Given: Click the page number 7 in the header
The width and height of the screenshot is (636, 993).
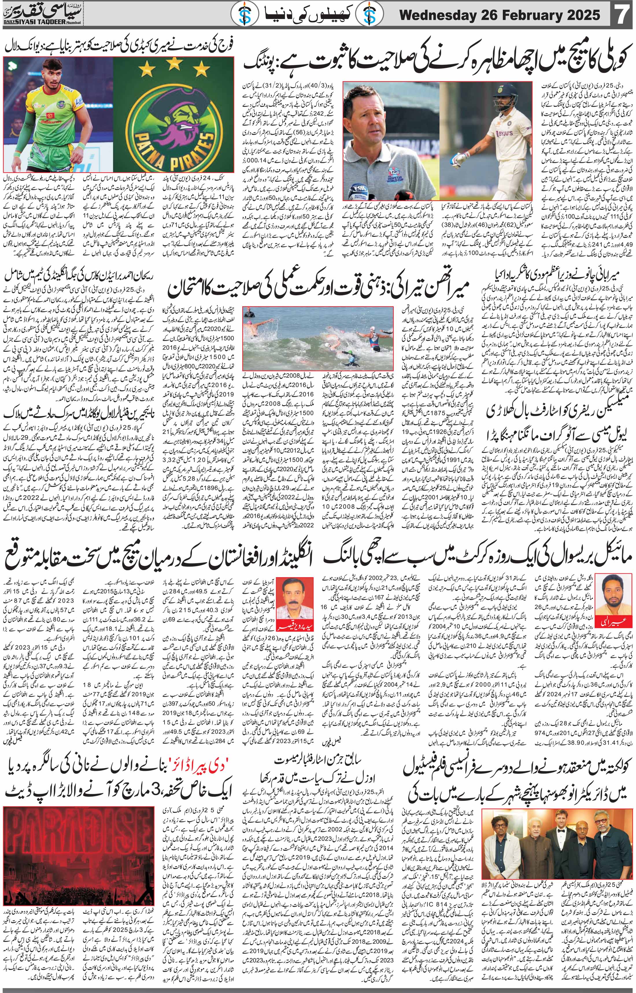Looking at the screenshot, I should point(621,16).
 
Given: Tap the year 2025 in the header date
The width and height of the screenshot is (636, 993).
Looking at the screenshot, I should point(580,16).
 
